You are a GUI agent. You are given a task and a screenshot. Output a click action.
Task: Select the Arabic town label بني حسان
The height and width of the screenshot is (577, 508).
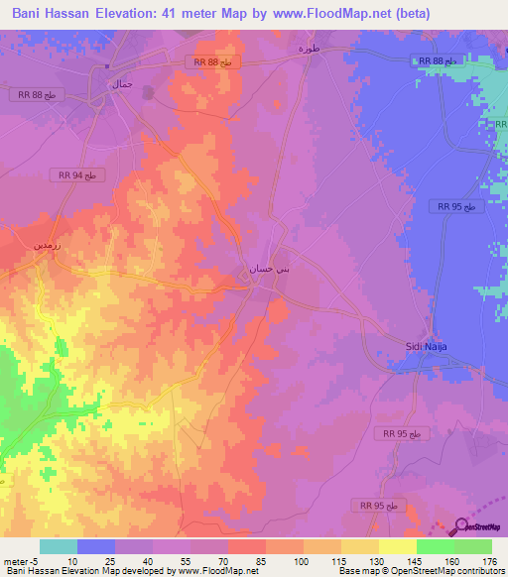[269, 268]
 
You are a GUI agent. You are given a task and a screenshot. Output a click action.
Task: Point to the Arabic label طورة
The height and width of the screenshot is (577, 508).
[310, 48]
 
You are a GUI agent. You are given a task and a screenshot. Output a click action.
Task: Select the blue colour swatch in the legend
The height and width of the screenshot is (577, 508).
[96, 546]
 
